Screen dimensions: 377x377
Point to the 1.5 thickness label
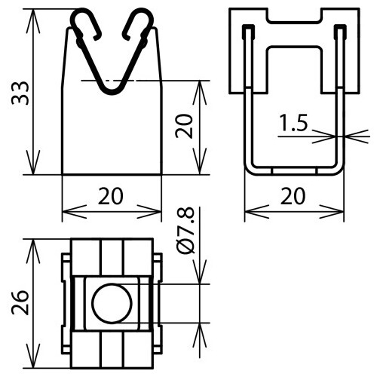tap(295, 124)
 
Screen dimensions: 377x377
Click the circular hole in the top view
tap(111, 303)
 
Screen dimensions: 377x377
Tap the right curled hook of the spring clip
tap(136, 23)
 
